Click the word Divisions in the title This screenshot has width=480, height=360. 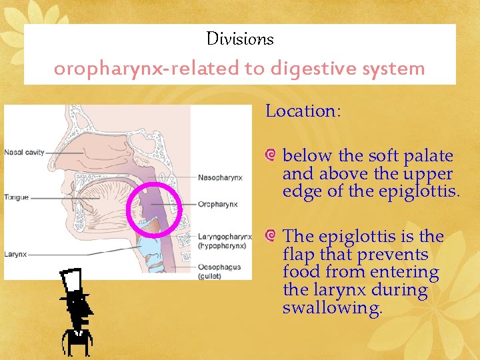(240, 39)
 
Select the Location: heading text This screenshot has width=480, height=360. (303, 111)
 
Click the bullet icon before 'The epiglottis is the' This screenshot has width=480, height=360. (270, 236)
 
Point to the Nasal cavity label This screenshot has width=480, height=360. (24, 153)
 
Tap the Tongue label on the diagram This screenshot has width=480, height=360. (16, 197)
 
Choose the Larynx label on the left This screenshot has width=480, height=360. (15, 254)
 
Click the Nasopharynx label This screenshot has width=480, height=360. (220, 177)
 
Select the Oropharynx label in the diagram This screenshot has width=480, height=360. (217, 204)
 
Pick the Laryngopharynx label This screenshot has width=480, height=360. (225, 237)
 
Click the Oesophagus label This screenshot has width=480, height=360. (219, 267)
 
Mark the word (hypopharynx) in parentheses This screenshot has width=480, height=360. (222, 245)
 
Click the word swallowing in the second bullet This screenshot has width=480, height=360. (332, 308)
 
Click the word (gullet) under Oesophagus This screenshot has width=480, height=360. (211, 276)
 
